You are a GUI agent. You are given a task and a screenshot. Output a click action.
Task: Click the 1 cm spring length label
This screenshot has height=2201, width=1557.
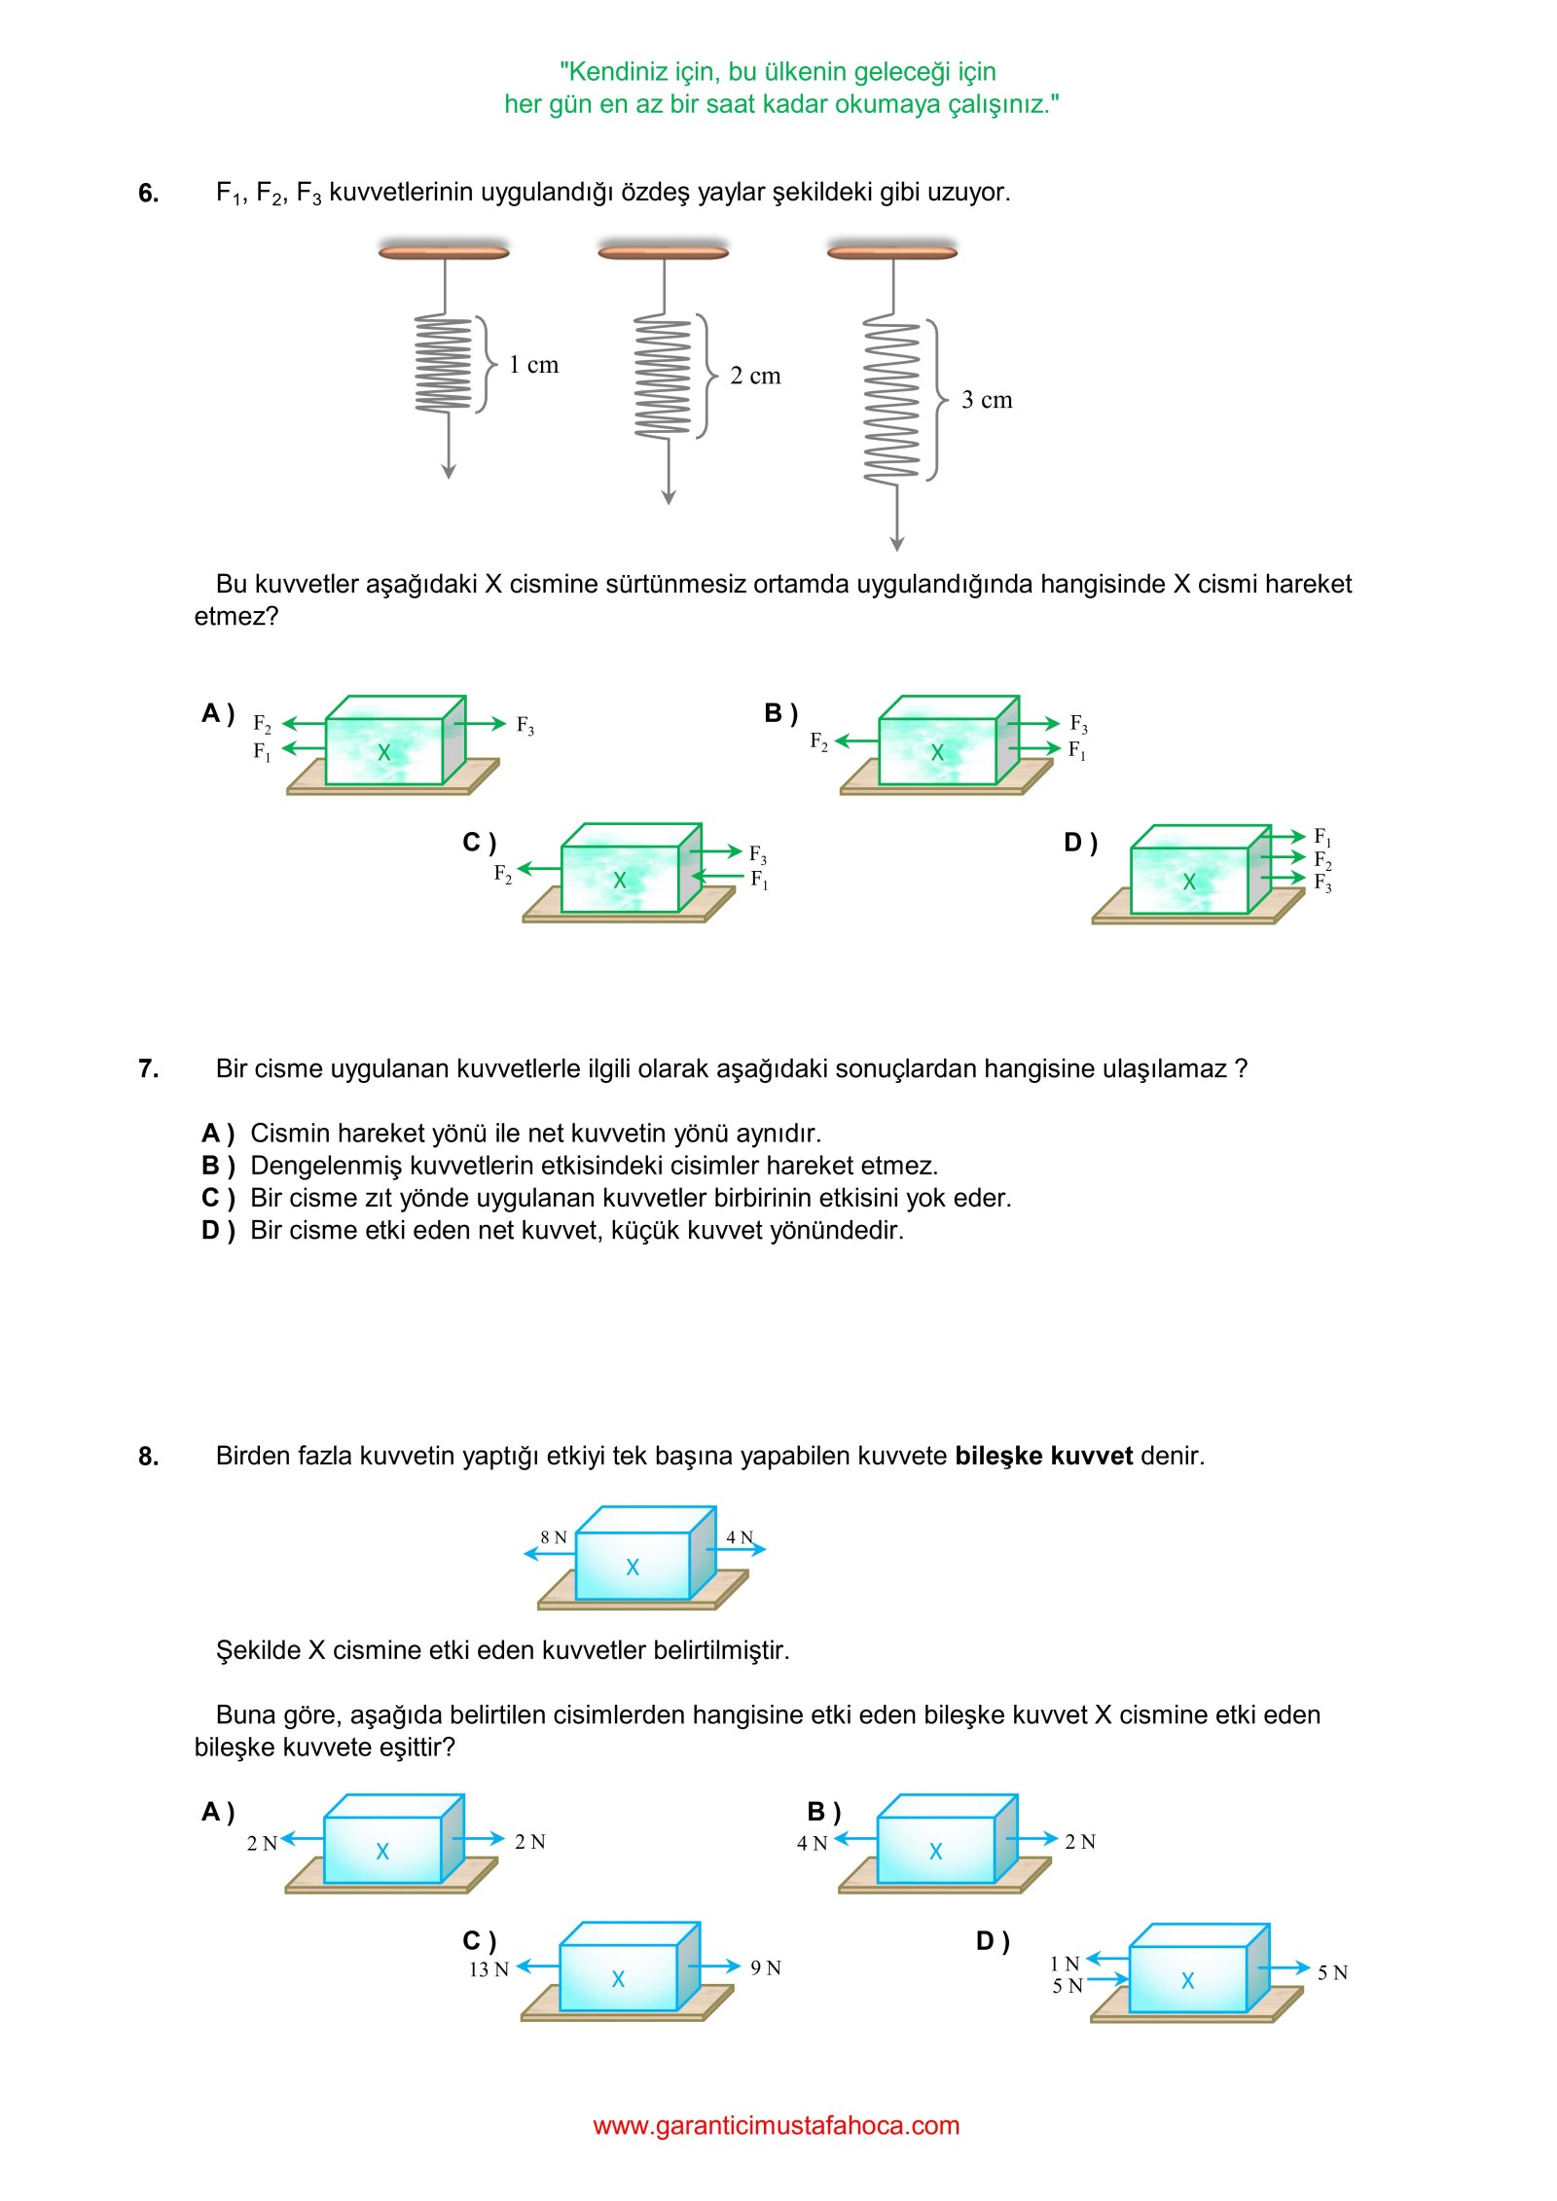click(533, 365)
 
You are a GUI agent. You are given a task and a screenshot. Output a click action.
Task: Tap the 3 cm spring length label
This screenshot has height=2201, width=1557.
click(987, 400)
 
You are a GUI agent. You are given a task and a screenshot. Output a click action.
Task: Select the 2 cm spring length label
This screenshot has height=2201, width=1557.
click(755, 376)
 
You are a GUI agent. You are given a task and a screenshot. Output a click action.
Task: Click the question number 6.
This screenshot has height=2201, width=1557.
click(148, 193)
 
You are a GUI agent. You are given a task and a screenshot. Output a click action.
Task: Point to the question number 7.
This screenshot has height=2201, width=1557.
click(148, 1068)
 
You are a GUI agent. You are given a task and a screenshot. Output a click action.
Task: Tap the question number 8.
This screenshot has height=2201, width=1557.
click(148, 1457)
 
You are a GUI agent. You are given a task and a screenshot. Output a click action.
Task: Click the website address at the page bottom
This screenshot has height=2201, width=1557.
click(776, 2125)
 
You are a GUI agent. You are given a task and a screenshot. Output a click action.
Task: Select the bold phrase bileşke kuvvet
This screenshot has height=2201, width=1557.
click(1043, 1456)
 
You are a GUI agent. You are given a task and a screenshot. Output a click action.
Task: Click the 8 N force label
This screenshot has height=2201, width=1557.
click(553, 1537)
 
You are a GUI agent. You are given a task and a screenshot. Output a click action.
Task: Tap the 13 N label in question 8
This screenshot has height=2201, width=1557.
click(489, 1969)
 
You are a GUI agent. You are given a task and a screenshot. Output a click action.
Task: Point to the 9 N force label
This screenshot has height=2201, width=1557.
click(766, 1967)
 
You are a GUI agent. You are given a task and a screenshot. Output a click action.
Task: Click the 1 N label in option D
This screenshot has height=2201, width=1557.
click(1065, 1964)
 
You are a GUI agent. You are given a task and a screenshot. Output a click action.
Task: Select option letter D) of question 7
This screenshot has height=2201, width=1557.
click(218, 1230)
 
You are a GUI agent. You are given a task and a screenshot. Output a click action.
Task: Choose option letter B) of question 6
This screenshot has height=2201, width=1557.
click(780, 713)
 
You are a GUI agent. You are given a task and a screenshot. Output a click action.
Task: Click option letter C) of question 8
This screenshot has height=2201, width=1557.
click(479, 1941)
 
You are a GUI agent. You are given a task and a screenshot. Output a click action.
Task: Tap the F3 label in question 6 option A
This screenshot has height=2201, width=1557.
click(525, 725)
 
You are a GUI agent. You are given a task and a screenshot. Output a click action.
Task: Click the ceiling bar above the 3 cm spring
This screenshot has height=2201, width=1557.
click(891, 252)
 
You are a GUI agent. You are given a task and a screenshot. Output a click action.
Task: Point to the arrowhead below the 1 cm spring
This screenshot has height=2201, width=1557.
click(449, 472)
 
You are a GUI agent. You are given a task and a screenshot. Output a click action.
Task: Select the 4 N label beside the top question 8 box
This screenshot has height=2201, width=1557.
click(740, 1537)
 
